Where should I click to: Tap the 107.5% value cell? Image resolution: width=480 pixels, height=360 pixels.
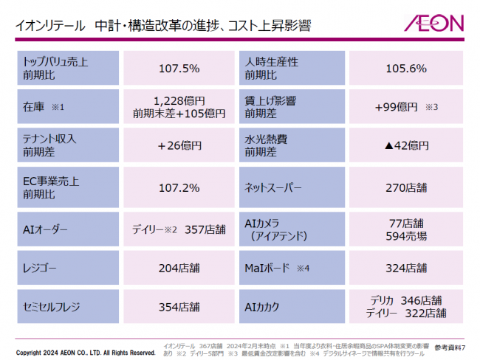click(x=179, y=69)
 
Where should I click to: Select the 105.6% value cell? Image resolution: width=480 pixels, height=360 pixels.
click(x=406, y=69)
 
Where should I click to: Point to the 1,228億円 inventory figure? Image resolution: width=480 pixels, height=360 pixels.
click(x=179, y=100)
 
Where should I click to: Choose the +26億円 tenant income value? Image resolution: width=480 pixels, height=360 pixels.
click(x=179, y=146)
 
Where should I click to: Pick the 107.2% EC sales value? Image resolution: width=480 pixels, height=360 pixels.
click(x=179, y=187)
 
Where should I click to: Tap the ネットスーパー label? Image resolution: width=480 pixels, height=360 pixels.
click(x=273, y=187)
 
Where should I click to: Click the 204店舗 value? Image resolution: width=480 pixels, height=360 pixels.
click(x=179, y=269)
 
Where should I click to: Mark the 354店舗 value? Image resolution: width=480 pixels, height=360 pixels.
click(x=179, y=307)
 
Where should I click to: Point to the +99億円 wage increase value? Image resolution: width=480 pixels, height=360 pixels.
click(x=397, y=107)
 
